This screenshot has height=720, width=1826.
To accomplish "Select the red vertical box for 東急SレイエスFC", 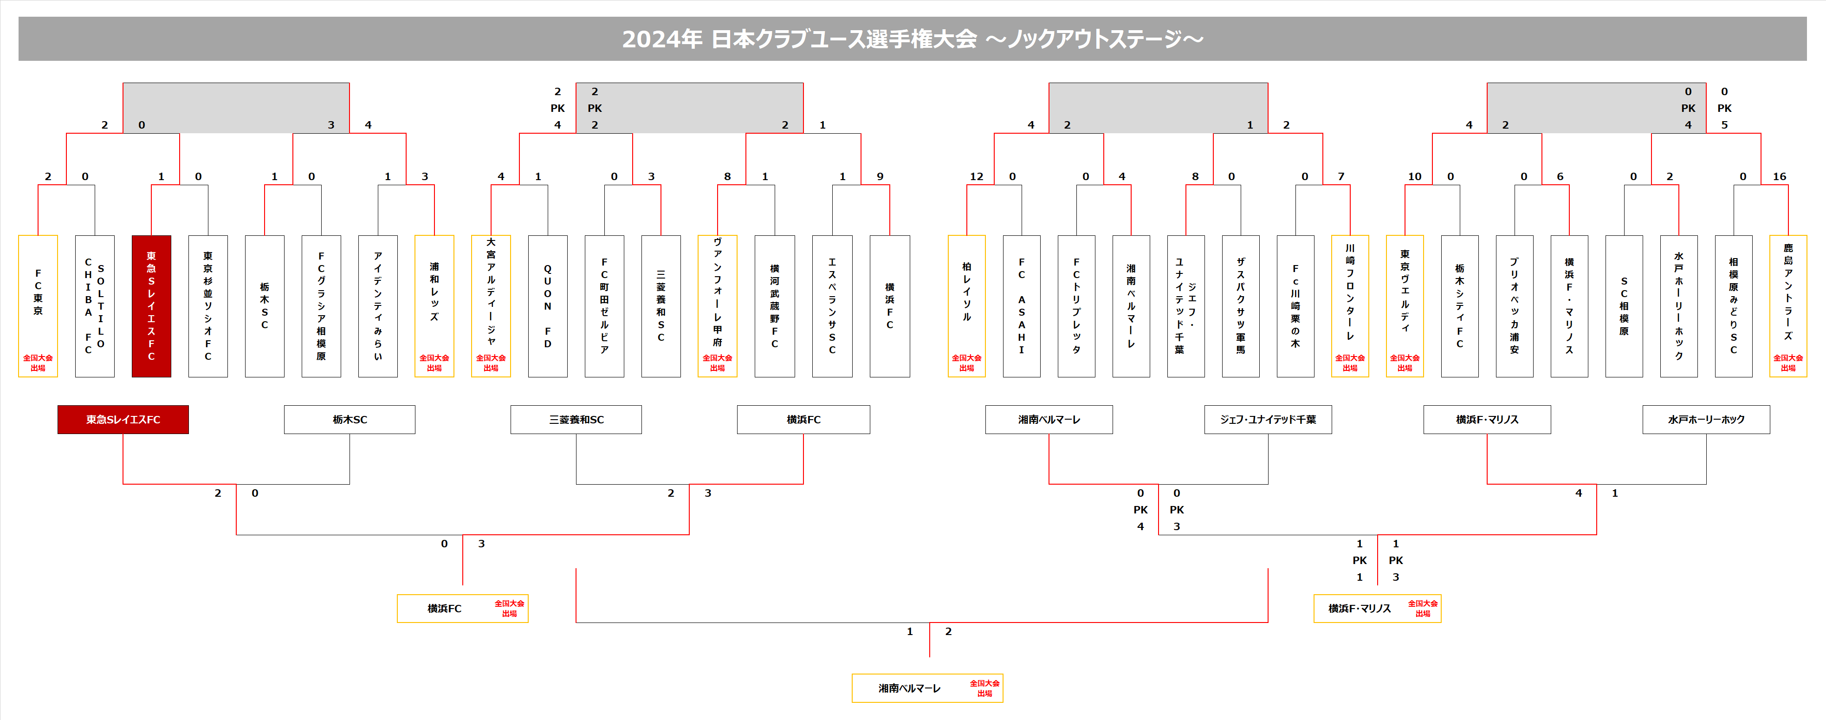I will [151, 306].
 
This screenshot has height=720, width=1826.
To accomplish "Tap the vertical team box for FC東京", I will [38, 306].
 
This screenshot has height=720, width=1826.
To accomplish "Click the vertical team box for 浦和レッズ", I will [434, 306].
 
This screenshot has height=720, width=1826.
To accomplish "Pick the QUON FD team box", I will [547, 306].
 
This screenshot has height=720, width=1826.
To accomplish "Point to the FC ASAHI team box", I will [1022, 306].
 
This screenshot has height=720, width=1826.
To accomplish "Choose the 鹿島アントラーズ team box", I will [1788, 306].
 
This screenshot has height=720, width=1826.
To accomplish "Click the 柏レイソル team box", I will [966, 306].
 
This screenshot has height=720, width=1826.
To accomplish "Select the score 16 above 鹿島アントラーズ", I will [1779, 176].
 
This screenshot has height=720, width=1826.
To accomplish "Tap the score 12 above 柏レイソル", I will [976, 176].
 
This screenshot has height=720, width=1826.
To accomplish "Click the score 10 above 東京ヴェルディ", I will [1414, 176].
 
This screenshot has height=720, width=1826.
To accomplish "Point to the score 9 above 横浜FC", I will [880, 176].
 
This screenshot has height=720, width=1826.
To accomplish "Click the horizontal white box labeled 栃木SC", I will [350, 420].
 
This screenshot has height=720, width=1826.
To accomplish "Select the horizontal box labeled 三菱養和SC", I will [576, 420].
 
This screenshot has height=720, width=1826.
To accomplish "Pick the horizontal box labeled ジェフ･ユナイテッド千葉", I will [1268, 420].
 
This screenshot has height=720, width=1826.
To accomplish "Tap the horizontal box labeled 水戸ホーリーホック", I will [1705, 420].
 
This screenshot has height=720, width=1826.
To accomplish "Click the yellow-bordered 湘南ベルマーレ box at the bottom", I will [926, 688].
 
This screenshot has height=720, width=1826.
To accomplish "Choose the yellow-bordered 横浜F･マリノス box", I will [1377, 609].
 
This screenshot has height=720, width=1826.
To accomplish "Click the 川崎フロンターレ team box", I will [1350, 306].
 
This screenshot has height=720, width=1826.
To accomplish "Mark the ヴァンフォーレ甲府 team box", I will [718, 306].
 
